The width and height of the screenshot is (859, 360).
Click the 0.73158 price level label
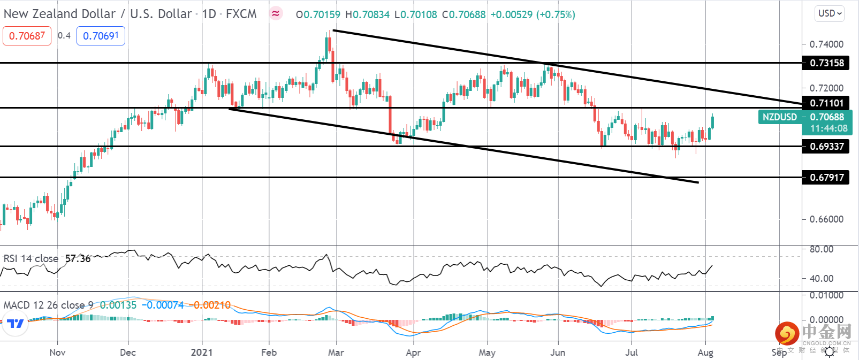pos(826,63)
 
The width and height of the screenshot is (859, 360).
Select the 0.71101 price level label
pos(826,103)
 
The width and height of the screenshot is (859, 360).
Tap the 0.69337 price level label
pos(826,147)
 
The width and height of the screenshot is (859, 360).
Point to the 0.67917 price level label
pos(826,178)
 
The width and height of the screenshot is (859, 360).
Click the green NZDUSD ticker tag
pos(779,117)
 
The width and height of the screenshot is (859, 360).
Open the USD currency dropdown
pos(830,13)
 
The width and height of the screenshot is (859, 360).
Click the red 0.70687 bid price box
pos(27,36)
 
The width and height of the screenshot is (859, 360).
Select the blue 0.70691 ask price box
pos(101,36)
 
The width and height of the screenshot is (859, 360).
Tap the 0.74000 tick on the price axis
pos(826,44)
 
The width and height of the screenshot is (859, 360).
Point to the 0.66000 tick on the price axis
pos(826,219)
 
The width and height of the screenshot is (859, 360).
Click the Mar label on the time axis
pos(336,353)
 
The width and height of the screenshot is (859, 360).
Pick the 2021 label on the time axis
pos(202,353)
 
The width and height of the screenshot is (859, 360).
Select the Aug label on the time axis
pos(705,353)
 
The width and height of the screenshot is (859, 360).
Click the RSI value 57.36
pos(78,259)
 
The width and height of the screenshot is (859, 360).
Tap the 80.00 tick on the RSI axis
pos(822,249)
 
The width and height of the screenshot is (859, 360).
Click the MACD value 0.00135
pos(118,305)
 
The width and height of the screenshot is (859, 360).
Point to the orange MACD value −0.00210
pos(212,305)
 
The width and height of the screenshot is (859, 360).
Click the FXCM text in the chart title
pos(241,14)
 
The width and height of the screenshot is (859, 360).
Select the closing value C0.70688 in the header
pos(464,15)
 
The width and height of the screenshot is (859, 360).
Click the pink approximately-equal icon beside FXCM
pos(276,14)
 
